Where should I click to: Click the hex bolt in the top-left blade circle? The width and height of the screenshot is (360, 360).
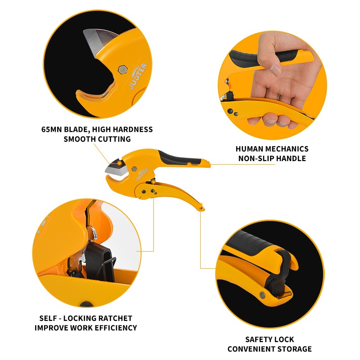pos(122,70)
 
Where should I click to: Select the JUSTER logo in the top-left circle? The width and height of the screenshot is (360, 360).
pos(138,76)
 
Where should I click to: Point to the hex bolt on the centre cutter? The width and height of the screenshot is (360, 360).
pos(134,169)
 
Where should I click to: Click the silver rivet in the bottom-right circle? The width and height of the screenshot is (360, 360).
pos(262,294)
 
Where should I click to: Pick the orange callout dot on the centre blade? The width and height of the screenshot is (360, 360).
pos(120,163)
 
